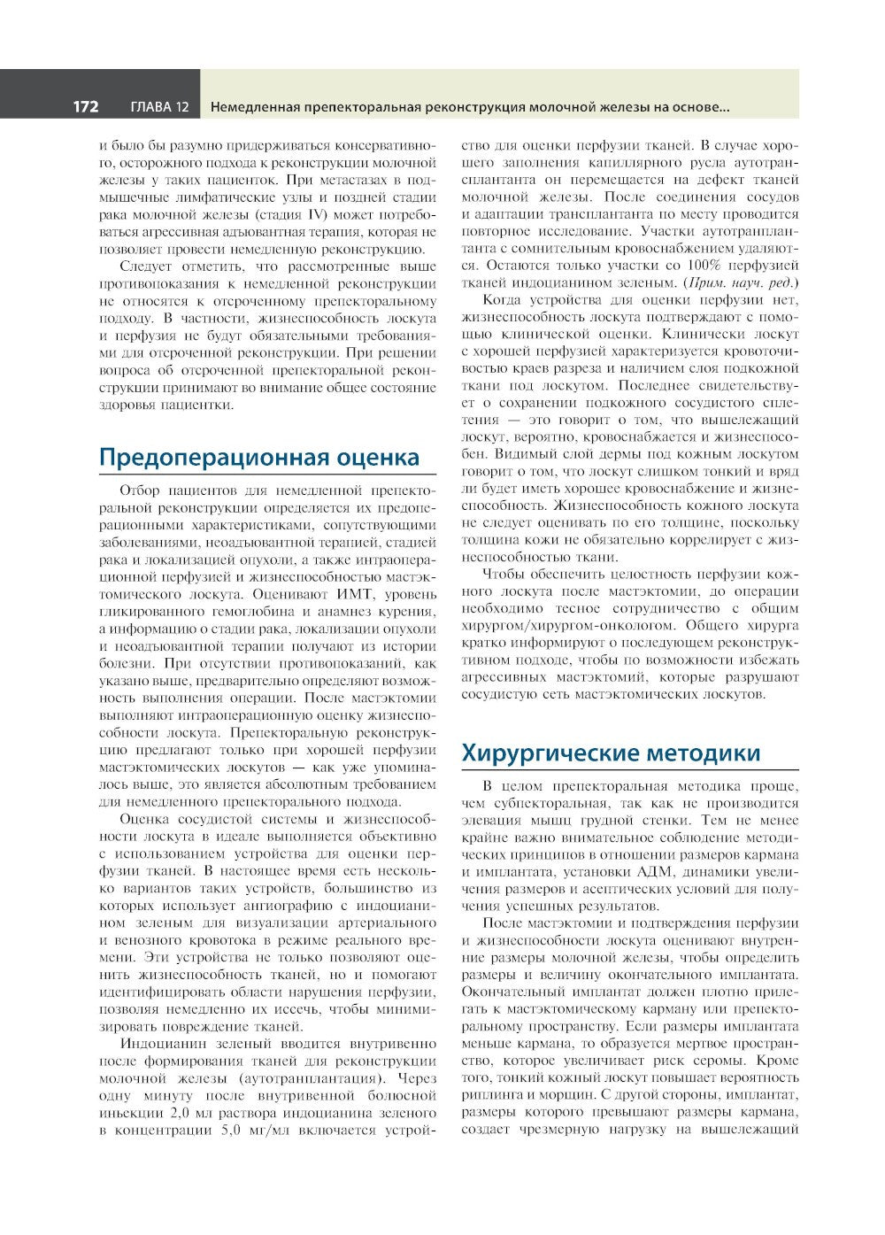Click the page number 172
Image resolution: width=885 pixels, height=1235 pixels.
(x=85, y=107)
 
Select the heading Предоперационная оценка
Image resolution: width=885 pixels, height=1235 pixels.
(x=259, y=458)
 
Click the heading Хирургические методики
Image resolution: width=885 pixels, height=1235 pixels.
(x=611, y=753)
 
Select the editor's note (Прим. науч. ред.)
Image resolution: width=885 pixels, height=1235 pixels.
(x=742, y=282)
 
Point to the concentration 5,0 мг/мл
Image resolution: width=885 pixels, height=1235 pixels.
(x=248, y=1131)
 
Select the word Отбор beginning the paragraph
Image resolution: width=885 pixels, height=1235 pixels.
(x=138, y=490)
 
